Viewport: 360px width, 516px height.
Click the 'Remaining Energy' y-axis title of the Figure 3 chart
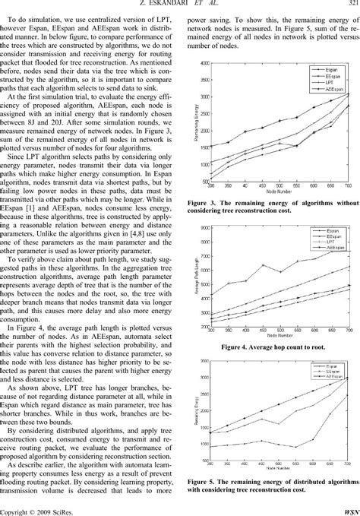click(x=191, y=120)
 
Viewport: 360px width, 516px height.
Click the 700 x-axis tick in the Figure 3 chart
click(x=349, y=185)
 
